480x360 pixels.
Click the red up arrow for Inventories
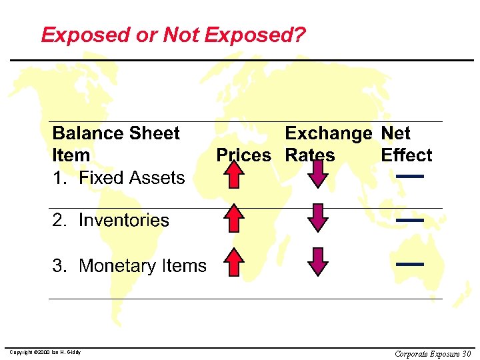pyautogui.click(x=234, y=219)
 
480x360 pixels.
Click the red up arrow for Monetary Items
pyautogui.click(x=234, y=262)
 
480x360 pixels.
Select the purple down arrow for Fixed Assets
pyautogui.click(x=318, y=174)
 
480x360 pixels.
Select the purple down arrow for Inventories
pyautogui.click(x=318, y=218)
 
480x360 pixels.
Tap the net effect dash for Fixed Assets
pyautogui.click(x=410, y=176)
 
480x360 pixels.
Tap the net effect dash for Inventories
pyautogui.click(x=410, y=219)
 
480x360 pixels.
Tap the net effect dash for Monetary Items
pyautogui.click(x=410, y=264)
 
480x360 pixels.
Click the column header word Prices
pyautogui.click(x=243, y=155)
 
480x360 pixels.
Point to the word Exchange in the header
pyautogui.click(x=328, y=133)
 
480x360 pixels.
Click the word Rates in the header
pyautogui.click(x=309, y=155)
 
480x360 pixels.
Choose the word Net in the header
pyautogui.click(x=395, y=133)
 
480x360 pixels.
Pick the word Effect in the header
pyautogui.click(x=406, y=155)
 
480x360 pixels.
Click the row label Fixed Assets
pyautogui.click(x=131, y=178)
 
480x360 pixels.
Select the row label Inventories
pyautogui.click(x=124, y=221)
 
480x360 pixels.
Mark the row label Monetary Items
pyautogui.click(x=143, y=266)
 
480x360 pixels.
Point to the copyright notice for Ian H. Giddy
pyautogui.click(x=44, y=352)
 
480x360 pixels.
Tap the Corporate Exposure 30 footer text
pyautogui.click(x=433, y=353)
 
